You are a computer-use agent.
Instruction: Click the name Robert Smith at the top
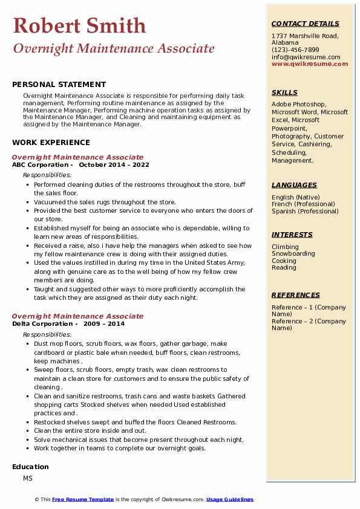79,25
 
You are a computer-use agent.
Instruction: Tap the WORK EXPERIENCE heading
51,143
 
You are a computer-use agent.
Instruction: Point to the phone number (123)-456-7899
295,50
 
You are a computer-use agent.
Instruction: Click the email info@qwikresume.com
306,57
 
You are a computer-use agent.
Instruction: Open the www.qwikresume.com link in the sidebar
306,64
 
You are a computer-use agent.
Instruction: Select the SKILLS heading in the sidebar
284,93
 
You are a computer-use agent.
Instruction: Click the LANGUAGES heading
294,186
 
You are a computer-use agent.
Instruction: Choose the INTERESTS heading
292,235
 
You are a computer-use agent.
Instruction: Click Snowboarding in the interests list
293,254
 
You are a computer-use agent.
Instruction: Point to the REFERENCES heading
296,296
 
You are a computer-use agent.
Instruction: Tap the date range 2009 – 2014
104,324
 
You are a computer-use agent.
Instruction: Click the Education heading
30,467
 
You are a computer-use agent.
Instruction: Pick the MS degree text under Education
28,478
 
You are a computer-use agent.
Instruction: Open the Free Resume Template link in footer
83,500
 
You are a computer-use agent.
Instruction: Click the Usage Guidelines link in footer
229,500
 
